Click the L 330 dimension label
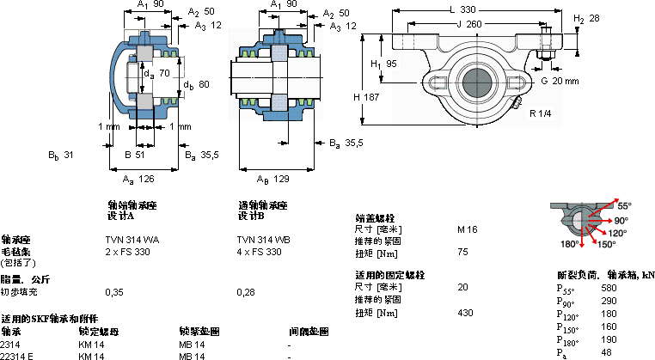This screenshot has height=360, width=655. [x=462, y=9]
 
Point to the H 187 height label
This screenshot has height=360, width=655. [x=367, y=97]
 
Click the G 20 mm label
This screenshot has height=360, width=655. [x=560, y=81]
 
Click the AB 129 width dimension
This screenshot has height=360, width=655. [x=272, y=179]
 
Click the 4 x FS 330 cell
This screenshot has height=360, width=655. [x=259, y=252]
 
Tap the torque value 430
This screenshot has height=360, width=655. [x=466, y=313]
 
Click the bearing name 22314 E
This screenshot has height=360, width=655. [x=17, y=355]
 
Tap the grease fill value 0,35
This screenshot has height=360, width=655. [x=113, y=292]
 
